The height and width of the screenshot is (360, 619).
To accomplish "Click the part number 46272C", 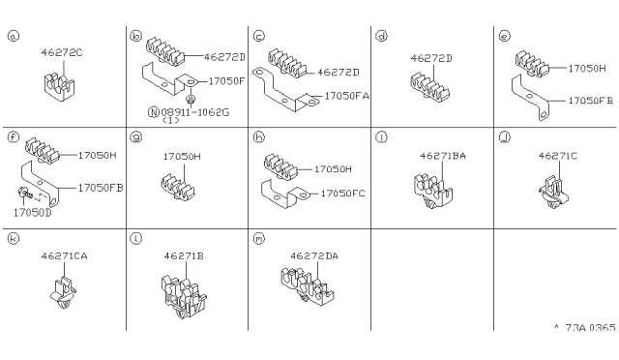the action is coord(62,52).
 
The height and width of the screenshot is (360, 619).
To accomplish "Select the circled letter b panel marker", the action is coord(135,37).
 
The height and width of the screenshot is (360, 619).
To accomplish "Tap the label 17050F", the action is coord(226,81).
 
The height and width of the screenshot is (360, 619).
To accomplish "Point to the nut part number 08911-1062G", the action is coord(195,112).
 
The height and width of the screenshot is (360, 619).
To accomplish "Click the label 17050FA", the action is coord(347,96).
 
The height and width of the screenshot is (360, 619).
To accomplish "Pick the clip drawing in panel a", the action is coord(59,87).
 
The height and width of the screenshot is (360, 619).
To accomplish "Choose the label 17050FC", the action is coord(343,194).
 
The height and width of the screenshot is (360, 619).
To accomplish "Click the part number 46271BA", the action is coord(443,156).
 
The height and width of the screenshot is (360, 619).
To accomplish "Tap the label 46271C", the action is coord(558,156).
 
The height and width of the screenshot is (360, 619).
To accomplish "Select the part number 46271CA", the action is coord(65,256).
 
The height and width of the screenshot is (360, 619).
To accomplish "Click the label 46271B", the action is coord(184,256).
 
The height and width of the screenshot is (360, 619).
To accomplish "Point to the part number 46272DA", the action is coord(314,256).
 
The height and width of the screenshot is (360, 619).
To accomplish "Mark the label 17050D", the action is coord(33,213).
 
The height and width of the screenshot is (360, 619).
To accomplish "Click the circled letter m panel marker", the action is coord(258,239).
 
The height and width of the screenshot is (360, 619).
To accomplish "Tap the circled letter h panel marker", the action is coord(258,137).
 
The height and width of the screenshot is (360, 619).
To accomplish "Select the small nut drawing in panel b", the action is coord(192,98).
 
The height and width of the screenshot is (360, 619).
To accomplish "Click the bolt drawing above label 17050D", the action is coord(23,193).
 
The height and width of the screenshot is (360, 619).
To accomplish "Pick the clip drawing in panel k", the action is coord(63,292).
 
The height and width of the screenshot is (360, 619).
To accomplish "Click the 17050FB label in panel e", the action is coord(591,101).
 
